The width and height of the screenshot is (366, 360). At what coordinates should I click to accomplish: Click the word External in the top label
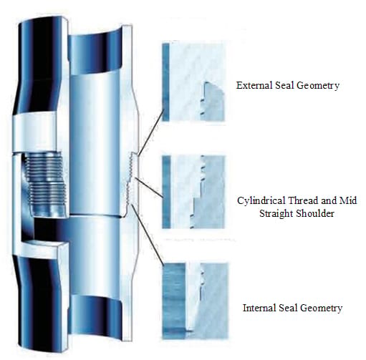[254, 85]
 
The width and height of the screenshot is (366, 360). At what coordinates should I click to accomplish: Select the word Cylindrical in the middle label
[260, 200]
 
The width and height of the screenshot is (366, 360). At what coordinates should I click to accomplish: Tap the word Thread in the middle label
[302, 200]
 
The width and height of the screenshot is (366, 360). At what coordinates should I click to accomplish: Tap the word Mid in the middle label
[348, 200]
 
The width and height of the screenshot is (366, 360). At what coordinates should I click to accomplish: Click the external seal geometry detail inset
[193, 82]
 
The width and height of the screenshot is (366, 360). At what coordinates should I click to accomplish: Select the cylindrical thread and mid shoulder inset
[193, 192]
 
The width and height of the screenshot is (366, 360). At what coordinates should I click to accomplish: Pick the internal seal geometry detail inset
[196, 301]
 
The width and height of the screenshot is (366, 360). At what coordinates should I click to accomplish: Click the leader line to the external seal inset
[151, 132]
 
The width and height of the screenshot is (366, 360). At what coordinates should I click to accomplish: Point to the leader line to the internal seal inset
[148, 235]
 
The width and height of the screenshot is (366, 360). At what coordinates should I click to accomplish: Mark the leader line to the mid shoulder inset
[149, 188]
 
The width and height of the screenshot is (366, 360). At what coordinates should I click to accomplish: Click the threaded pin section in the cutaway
[45, 184]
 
